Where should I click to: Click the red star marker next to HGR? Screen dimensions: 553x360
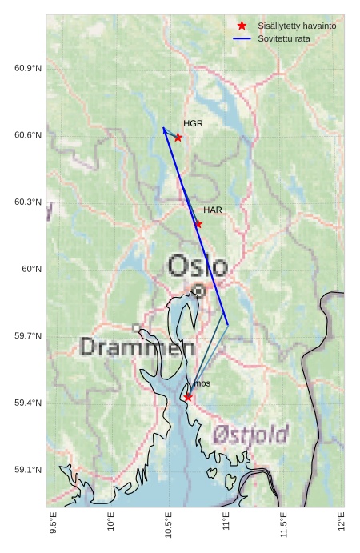178,138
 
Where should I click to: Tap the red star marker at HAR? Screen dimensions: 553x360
198,224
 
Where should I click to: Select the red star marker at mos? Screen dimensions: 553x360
188,397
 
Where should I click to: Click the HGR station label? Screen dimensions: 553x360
193,124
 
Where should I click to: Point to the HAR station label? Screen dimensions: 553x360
213,210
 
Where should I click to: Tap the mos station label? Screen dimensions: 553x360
202,384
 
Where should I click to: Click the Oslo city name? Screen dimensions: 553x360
198,266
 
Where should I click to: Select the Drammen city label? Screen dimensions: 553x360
138,347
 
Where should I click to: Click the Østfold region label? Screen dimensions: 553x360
251,435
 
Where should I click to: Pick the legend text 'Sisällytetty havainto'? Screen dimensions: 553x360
297,26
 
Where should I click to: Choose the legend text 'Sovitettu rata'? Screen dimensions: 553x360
284,38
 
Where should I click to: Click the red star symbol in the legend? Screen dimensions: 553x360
242,26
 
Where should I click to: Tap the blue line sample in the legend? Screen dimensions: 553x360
242,38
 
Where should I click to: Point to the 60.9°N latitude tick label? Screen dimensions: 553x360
28,68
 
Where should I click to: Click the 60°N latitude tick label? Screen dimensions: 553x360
31,269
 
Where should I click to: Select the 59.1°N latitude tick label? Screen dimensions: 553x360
28,470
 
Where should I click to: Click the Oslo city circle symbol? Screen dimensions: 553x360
198,291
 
